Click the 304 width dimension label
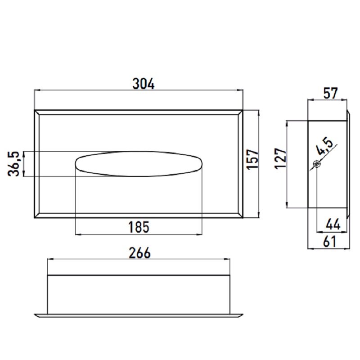144,84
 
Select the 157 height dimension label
252,159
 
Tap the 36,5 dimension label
13,164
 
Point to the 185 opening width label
139,227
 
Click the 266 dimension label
139,253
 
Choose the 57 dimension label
331,93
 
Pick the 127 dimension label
281,159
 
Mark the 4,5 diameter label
324,146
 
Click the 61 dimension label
329,242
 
